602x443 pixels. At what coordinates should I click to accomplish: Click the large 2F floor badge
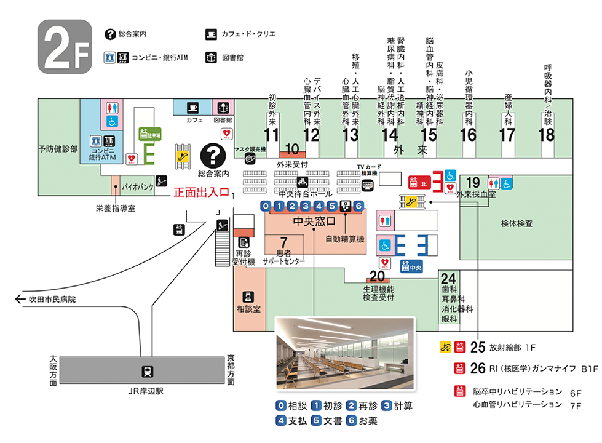(x=65, y=46)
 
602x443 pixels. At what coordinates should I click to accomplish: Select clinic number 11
(x=272, y=135)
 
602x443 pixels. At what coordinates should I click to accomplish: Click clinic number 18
(x=546, y=135)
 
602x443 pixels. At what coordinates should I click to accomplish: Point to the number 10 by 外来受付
(x=293, y=148)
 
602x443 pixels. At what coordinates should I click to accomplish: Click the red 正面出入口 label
(x=200, y=192)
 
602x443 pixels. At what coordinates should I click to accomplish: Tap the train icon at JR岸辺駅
(x=148, y=371)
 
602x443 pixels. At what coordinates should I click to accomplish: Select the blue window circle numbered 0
(x=265, y=206)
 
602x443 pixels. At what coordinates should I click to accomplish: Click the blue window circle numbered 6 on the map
(x=359, y=206)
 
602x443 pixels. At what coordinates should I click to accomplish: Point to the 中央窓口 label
(x=314, y=221)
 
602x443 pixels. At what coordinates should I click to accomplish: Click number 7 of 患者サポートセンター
(x=283, y=241)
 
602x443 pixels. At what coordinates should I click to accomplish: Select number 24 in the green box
(x=449, y=277)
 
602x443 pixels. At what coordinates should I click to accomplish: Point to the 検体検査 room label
(x=517, y=223)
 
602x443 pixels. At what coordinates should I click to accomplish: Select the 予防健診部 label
(x=58, y=149)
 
